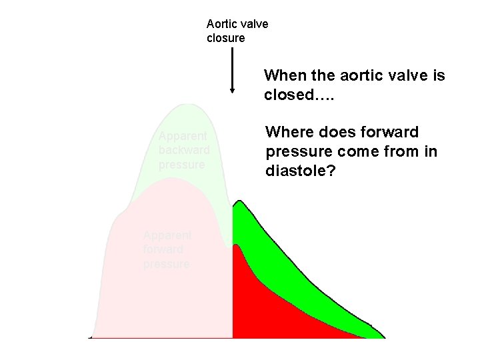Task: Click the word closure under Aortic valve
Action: tap(225, 38)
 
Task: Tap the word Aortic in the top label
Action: tap(222, 24)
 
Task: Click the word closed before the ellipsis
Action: tap(288, 95)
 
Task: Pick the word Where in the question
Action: tap(289, 132)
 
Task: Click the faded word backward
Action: tap(184, 150)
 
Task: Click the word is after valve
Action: tap(437, 75)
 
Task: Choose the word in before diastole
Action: tap(431, 152)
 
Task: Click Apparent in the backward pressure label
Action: tap(183, 137)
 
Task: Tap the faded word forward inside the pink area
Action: tap(163, 249)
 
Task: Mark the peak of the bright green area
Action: tap(239, 201)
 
